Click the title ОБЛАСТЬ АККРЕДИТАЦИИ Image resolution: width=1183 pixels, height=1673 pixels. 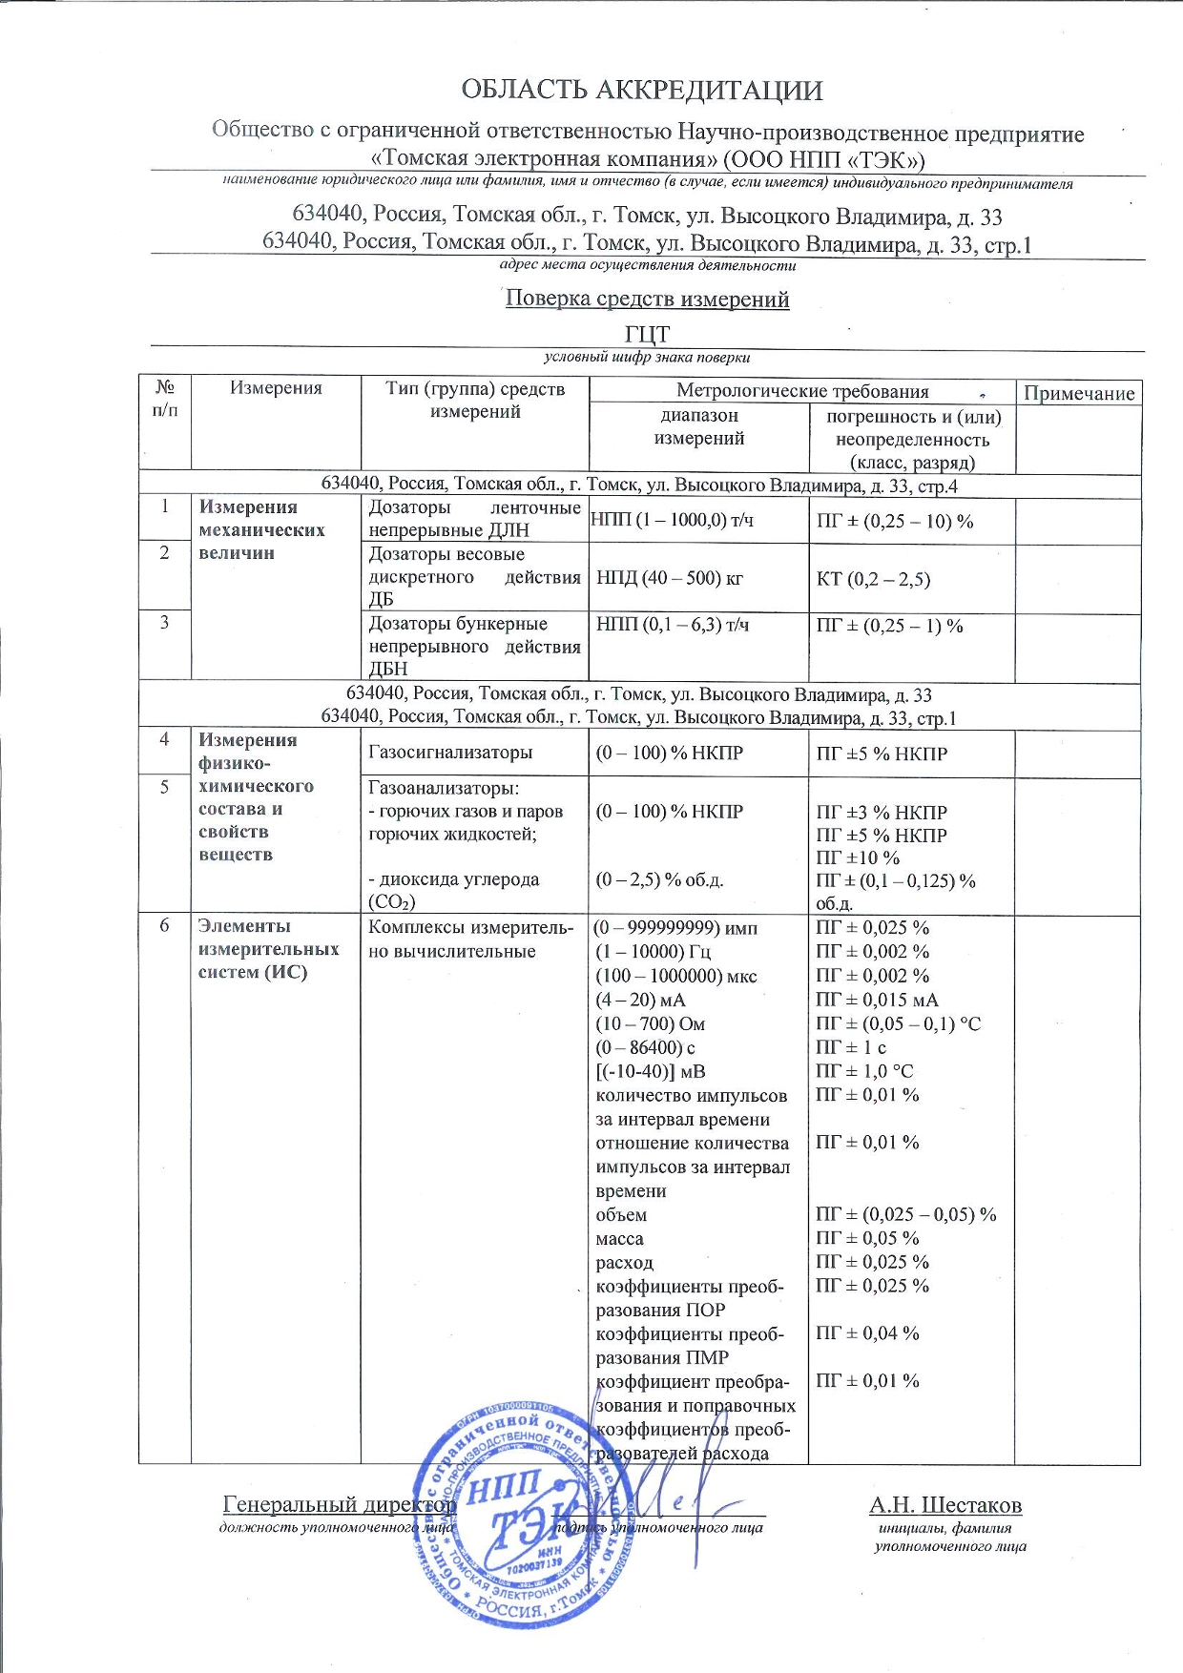pos(641,91)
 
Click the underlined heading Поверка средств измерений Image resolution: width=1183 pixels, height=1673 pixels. pos(647,299)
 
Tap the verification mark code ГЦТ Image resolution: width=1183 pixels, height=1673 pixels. pos(647,335)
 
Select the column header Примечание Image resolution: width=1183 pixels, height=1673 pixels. pos(1078,393)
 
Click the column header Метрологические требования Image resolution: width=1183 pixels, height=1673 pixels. pos(801,391)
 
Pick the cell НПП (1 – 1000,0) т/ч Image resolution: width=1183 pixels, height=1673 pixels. pos(672,520)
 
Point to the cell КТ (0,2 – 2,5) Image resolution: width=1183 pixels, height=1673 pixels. pos(873,579)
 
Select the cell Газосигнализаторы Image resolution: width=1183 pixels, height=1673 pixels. pos(450,753)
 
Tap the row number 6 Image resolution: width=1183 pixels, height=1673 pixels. pos(165,926)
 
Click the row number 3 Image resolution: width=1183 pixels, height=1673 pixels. pos(165,623)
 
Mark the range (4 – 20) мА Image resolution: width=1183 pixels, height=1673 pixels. pos(640,1000)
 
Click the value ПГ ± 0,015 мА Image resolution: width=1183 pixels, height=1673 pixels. pos(877,1000)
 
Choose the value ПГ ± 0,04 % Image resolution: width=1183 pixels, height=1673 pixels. pos(867,1333)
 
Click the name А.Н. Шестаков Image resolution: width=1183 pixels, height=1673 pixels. pos(944,1505)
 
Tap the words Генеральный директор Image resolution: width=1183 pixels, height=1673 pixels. pos(339,1504)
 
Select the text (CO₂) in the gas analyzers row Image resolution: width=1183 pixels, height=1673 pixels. pos(391,902)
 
